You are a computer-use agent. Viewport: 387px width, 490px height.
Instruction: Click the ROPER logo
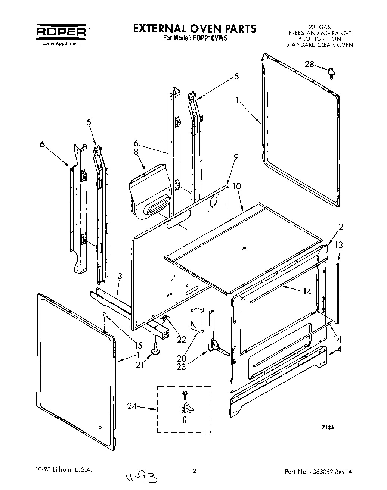coord(62,32)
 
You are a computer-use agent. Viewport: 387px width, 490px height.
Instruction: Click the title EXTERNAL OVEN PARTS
coord(195,28)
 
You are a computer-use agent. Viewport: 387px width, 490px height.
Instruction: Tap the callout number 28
coord(310,64)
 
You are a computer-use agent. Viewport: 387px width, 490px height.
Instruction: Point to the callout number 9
coord(236,157)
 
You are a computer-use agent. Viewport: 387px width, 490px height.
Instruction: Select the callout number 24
coord(131,406)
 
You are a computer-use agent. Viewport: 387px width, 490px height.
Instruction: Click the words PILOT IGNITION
coord(319,39)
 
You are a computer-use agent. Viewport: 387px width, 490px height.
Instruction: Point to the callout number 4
coord(339,350)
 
